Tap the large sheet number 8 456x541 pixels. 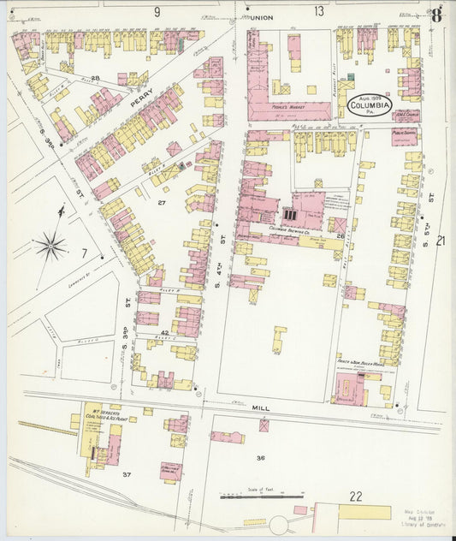436,14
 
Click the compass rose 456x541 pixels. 50,247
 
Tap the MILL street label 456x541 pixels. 260,410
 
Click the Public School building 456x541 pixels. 405,135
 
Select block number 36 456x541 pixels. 260,458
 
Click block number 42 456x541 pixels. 164,331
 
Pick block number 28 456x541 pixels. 96,79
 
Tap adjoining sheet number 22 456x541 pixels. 355,496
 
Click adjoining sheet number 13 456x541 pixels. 318,11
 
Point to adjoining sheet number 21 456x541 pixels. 440,241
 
